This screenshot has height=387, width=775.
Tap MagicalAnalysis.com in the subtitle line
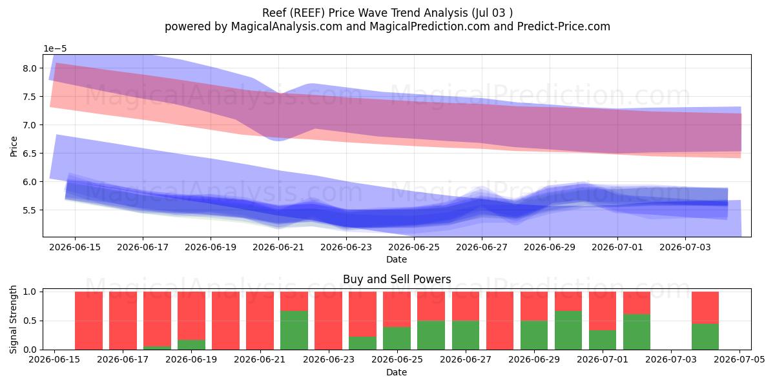pos(287,26)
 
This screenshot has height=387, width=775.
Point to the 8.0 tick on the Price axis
pos(30,68)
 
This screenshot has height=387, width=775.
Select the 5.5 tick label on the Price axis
pos(30,210)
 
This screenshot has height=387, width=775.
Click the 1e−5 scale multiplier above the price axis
pos(55,49)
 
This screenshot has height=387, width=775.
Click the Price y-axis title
pos(14,146)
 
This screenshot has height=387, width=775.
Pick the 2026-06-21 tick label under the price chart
pos(278,248)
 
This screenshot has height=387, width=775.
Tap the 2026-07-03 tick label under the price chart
pos(685,248)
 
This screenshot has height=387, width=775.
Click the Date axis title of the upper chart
pos(397,259)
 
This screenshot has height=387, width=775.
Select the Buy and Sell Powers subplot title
pos(397,279)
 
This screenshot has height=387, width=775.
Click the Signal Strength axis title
pos(13,319)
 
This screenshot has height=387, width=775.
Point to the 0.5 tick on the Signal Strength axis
pos(30,321)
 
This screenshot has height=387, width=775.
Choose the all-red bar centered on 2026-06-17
pos(123,321)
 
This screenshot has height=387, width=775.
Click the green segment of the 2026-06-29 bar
pos(534,335)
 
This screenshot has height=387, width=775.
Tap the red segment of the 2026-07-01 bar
pos(603,311)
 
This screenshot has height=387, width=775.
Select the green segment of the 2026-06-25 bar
pos(397,338)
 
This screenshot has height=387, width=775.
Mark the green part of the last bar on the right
pos(705,337)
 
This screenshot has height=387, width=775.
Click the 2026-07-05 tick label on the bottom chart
pos(739,360)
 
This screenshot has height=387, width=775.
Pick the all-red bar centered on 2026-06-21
pos(260,321)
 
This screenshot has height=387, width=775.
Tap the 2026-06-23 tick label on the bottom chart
pos(328,360)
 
